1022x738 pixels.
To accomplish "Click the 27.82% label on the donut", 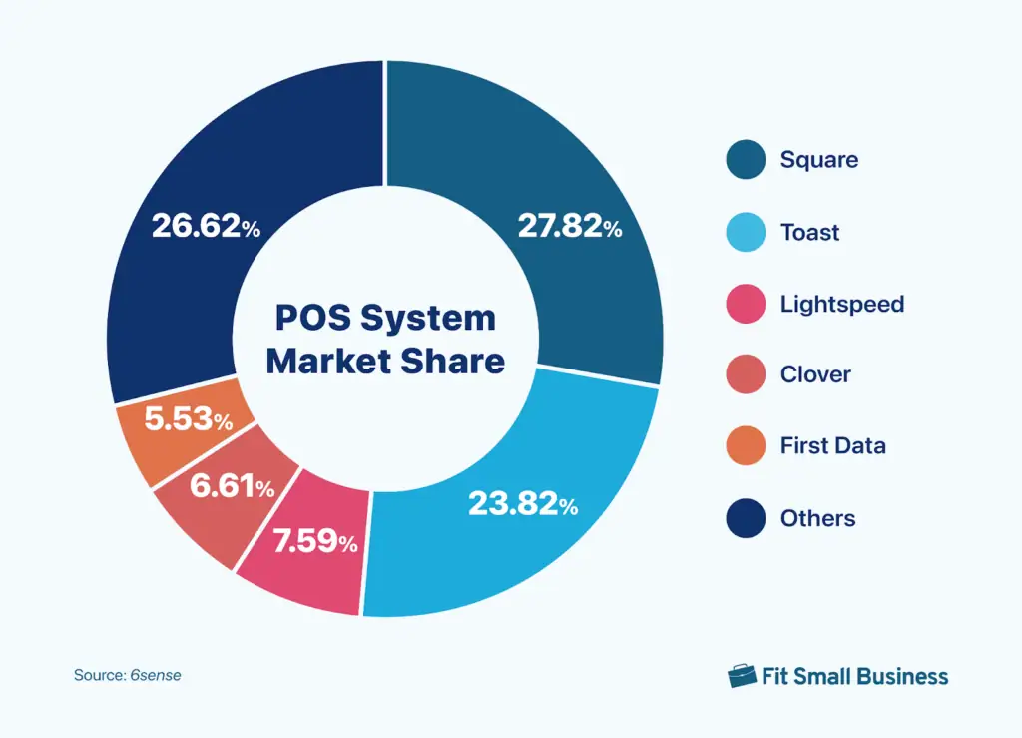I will tap(569, 227).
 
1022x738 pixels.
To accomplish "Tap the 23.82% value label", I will tap(523, 504).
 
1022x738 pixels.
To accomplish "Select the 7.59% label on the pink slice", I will tap(314, 542).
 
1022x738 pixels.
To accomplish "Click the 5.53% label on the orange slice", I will tap(189, 419).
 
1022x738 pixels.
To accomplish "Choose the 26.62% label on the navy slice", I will tap(206, 227).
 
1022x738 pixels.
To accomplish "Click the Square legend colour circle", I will tap(746, 160).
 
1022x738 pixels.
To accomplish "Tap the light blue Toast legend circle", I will tap(746, 232).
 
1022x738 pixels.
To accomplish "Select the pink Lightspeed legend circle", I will tap(746, 304).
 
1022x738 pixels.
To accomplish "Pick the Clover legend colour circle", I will tap(746, 374).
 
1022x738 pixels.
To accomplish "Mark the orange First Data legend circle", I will tap(746, 446).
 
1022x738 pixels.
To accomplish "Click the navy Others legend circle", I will tap(746, 518).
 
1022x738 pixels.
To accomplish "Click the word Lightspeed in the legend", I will tap(841, 304).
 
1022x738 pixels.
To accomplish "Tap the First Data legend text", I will tap(832, 446).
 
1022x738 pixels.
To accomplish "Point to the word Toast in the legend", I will tap(809, 232).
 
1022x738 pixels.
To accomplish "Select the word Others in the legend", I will tap(817, 518).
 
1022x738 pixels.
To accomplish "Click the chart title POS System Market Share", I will tap(385, 339).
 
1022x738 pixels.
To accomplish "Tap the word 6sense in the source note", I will tap(156, 675).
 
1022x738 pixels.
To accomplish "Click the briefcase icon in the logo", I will tap(743, 676).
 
